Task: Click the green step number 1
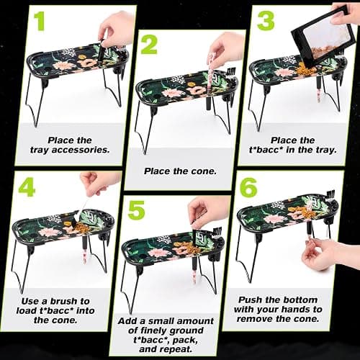tap(39, 21)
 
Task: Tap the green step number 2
tap(149, 45)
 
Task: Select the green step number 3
tap(266, 21)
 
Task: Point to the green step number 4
tap(27, 187)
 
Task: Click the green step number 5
tap(137, 210)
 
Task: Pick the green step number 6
tap(248, 187)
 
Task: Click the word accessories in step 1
tap(81, 150)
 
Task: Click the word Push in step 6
tap(251, 300)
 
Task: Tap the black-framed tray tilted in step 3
tap(323, 38)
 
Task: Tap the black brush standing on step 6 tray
tap(330, 197)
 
